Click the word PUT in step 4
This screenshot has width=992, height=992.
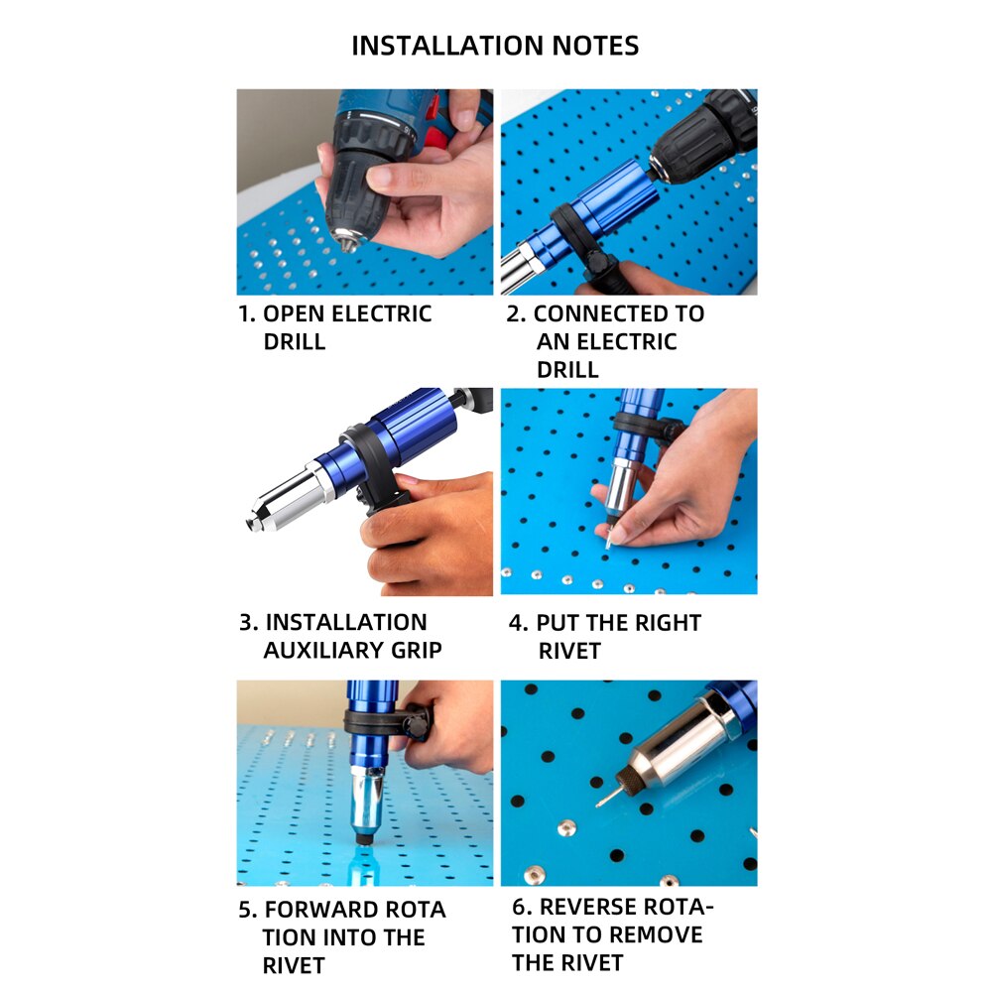[558, 623]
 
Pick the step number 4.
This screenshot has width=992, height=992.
[517, 623]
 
